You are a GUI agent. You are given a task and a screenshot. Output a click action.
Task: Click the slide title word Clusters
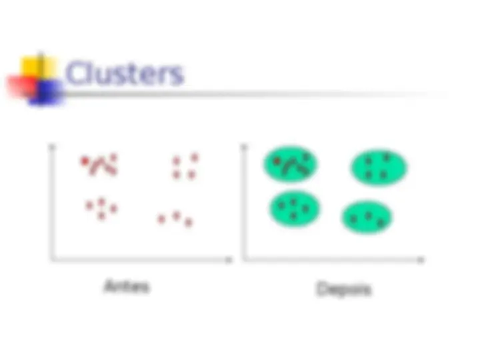click(x=124, y=73)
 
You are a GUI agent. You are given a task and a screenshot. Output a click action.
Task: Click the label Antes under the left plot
click(x=127, y=287)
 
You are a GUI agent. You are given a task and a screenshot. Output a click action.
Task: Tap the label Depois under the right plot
click(x=343, y=289)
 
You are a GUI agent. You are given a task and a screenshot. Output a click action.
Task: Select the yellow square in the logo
click(x=38, y=67)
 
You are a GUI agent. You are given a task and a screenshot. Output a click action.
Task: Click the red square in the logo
click(x=22, y=87)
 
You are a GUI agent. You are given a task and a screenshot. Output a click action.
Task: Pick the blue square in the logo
click(x=46, y=93)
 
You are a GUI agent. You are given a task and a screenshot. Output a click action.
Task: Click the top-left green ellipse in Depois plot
click(x=291, y=164)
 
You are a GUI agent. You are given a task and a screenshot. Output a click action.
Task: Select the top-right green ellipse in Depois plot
click(x=379, y=167)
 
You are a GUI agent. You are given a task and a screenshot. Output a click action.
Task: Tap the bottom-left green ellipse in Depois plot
click(x=295, y=209)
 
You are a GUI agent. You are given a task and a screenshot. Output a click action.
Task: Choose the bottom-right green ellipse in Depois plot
click(x=367, y=217)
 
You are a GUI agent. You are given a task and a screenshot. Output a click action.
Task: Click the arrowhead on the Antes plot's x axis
click(x=229, y=260)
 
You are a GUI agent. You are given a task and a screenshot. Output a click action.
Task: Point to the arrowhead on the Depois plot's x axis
click(x=421, y=260)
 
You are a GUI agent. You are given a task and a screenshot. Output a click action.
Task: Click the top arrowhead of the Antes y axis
click(x=52, y=147)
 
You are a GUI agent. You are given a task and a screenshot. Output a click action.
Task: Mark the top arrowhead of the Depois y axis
click(x=244, y=147)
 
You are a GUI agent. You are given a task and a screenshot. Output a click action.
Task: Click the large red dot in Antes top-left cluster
click(x=85, y=161)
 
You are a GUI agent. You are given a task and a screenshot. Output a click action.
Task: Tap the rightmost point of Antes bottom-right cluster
click(x=189, y=222)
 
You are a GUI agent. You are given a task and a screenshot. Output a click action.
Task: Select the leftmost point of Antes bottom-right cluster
click(x=161, y=219)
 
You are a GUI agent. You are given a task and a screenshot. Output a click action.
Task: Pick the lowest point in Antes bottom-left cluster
click(x=101, y=216)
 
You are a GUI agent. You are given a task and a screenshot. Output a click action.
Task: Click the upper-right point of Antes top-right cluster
click(x=195, y=157)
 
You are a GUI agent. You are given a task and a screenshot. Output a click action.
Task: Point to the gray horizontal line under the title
click(x=254, y=94)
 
